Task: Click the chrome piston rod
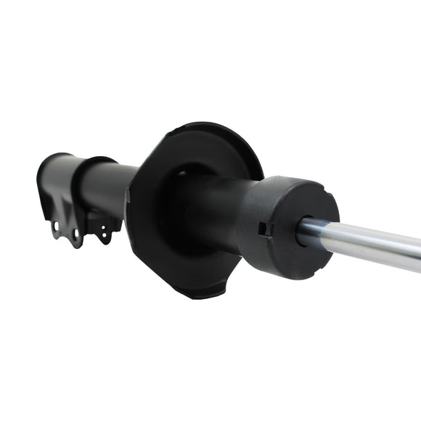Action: (370, 245)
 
